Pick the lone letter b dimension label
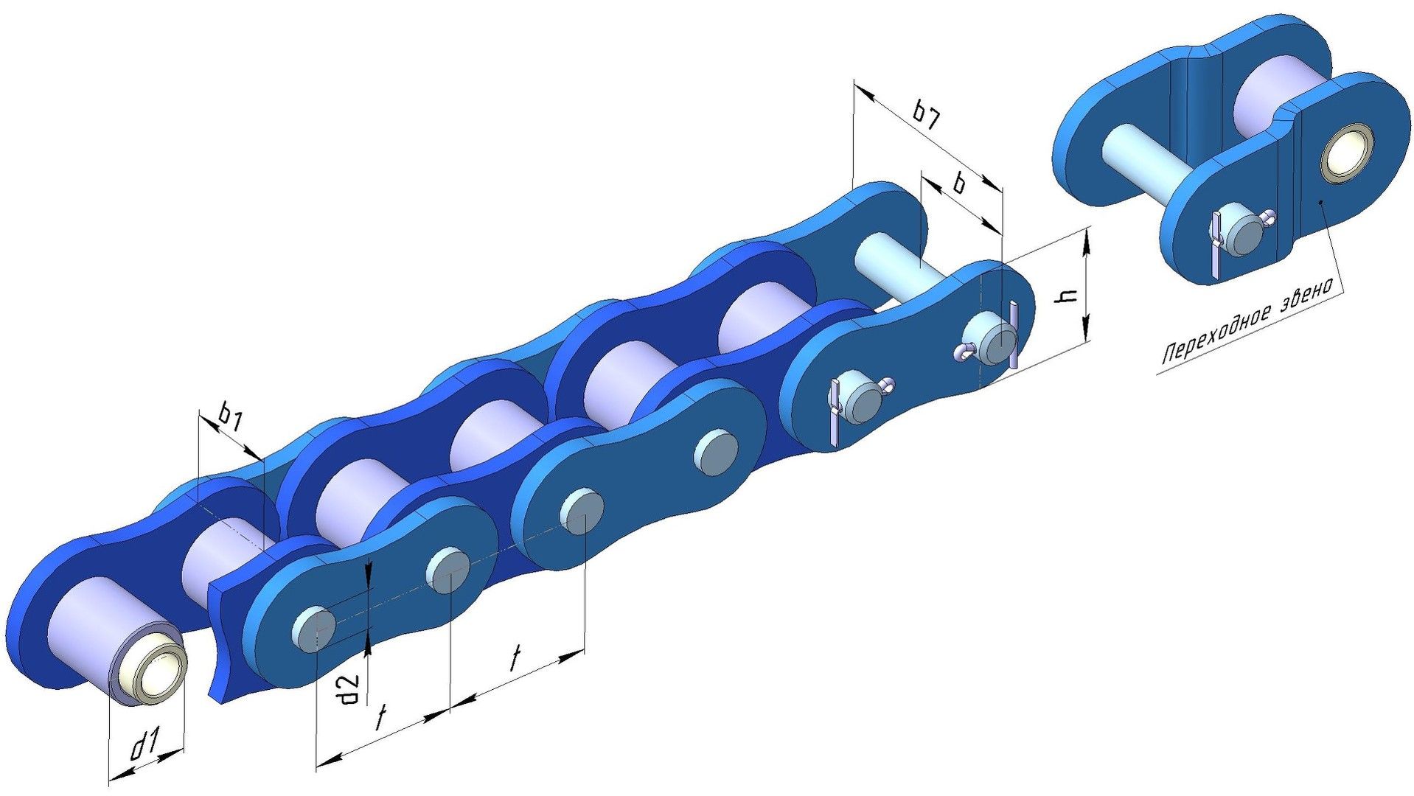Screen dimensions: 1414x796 tap(959, 183)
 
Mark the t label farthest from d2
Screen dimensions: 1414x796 tap(517, 658)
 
